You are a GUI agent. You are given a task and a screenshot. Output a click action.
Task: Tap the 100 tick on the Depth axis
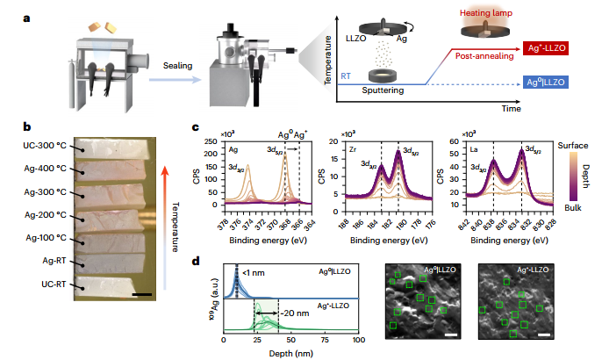coord(357,339)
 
